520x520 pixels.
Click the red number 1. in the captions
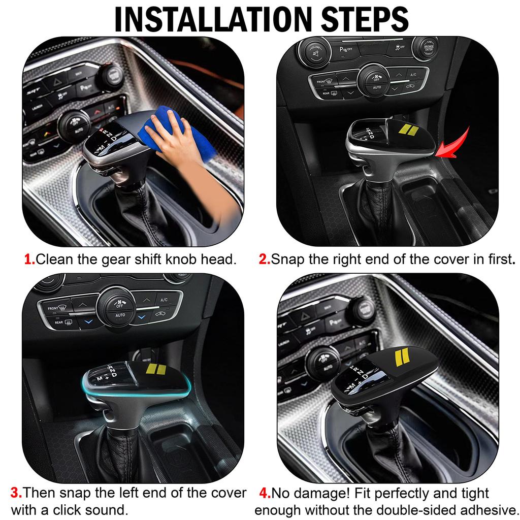point(29,259)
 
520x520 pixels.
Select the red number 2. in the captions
point(265,259)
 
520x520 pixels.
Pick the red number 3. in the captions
point(16,493)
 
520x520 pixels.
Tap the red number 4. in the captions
point(265,493)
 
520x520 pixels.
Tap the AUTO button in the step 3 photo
point(120,315)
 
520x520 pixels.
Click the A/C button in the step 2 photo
point(413,75)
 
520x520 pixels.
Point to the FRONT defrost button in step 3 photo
point(53,308)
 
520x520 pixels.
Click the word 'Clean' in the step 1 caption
point(55,259)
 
